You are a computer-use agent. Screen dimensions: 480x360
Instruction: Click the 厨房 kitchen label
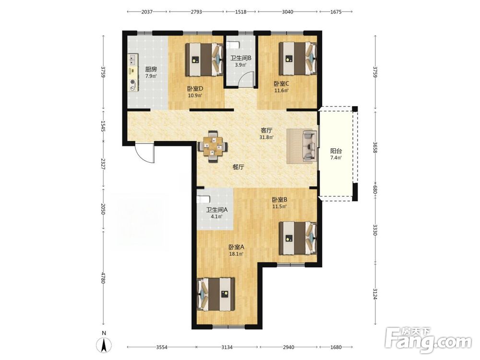pyautogui.click(x=151, y=69)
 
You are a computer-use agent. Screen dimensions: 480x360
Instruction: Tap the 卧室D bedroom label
pyautogui.click(x=195, y=89)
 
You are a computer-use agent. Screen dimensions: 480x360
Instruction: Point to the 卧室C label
pyautogui.click(x=281, y=84)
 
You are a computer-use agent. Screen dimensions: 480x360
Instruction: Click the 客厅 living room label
pyautogui.click(x=266, y=131)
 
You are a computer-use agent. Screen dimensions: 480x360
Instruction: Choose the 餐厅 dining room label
pyautogui.click(x=238, y=167)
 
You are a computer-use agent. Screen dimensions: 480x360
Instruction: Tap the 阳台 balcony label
pyautogui.click(x=336, y=151)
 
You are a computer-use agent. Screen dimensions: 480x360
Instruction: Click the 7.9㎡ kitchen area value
pyautogui.click(x=151, y=76)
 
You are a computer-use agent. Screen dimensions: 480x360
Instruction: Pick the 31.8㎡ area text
pyautogui.click(x=266, y=137)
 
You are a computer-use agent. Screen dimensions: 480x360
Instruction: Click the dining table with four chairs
pyautogui.click(x=213, y=146)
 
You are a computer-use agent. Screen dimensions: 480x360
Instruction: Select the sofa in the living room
pyautogui.click(x=309, y=146)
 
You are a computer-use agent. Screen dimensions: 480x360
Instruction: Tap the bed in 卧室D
pyautogui.click(x=204, y=60)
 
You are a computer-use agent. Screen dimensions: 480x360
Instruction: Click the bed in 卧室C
pyautogui.click(x=298, y=59)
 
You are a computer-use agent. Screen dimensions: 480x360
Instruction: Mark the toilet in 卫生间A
pyautogui.click(x=203, y=199)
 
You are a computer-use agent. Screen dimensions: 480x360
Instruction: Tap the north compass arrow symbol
pyautogui.click(x=104, y=346)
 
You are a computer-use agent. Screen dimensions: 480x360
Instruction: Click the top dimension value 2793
pyautogui.click(x=196, y=12)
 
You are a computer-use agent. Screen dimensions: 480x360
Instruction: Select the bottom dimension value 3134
pyautogui.click(x=227, y=347)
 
